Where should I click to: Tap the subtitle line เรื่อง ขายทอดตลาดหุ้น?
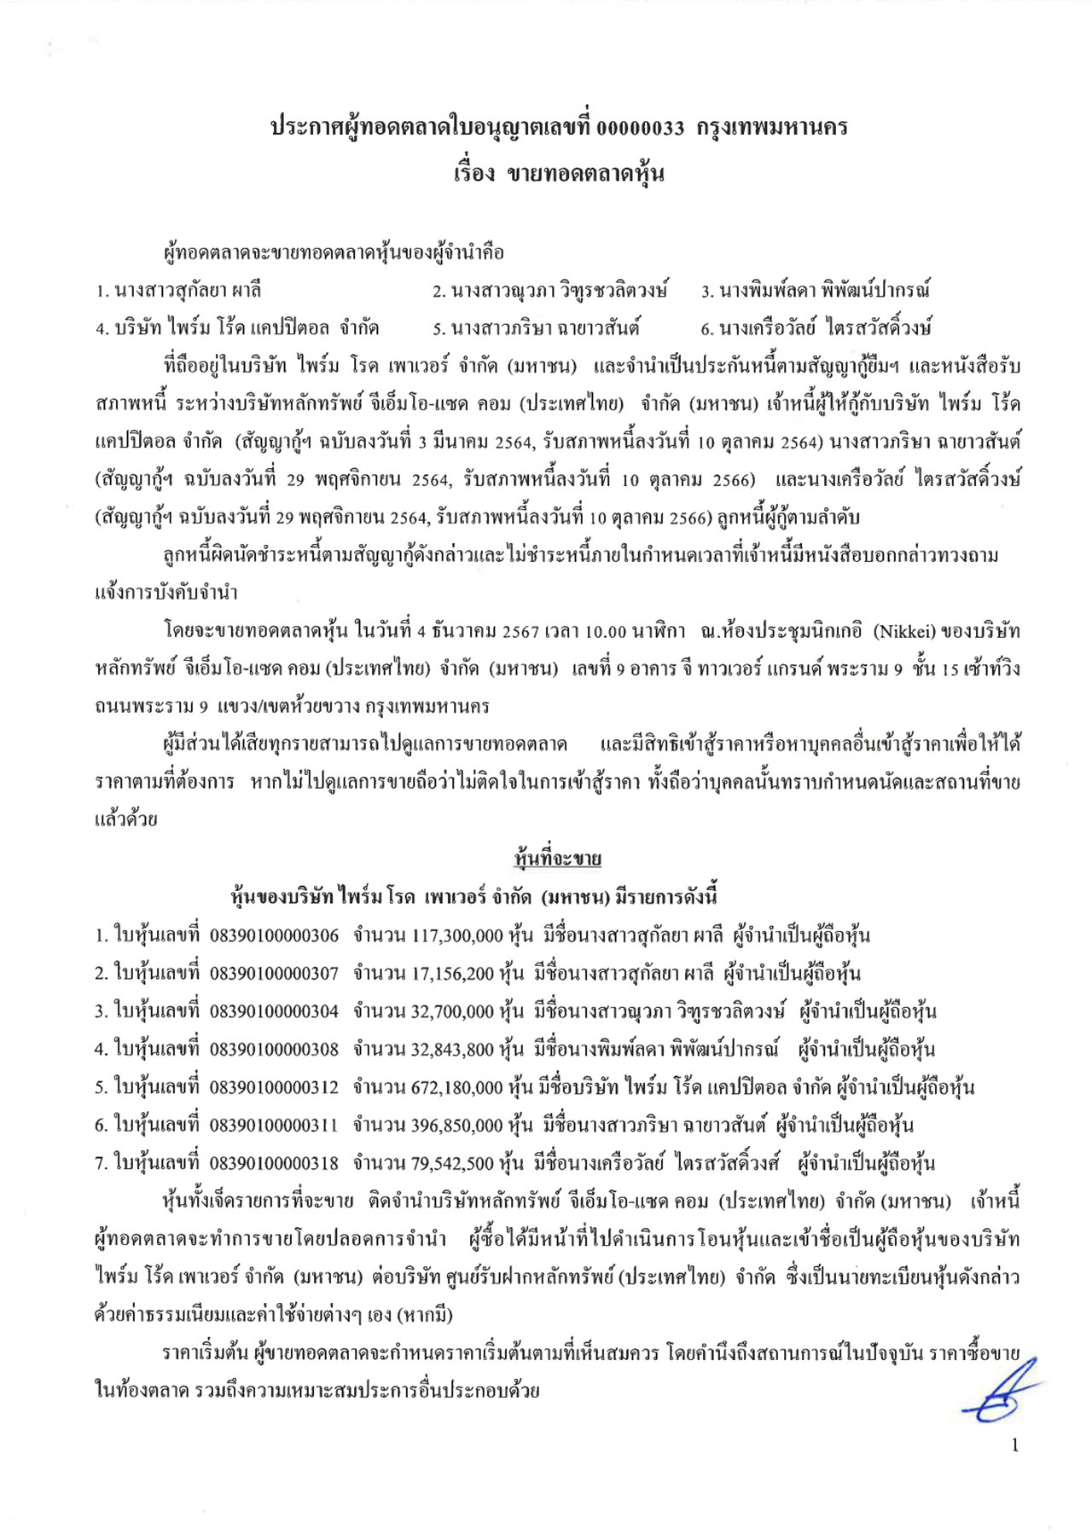coord(559,174)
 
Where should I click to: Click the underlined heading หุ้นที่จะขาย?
coord(558,859)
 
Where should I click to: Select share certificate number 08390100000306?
coord(274,935)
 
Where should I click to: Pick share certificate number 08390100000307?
coord(274,973)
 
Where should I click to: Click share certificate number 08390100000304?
coord(274,1011)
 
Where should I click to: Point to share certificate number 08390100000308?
coord(274,1049)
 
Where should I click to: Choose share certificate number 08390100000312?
coord(274,1087)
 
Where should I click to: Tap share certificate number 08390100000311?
coord(274,1125)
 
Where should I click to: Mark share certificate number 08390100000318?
coord(274,1163)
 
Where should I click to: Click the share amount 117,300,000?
coord(457,935)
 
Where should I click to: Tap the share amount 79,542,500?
coord(452,1163)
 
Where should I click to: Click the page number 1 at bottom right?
coord(1014,1445)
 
